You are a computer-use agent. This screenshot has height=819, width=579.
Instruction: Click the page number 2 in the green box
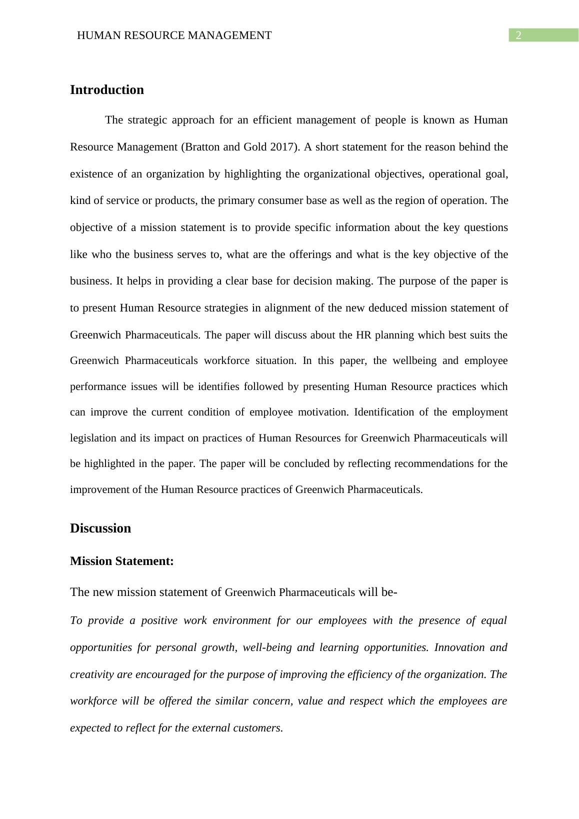pyautogui.click(x=518, y=35)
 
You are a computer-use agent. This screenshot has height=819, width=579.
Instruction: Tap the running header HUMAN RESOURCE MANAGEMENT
pyautogui.click(x=174, y=35)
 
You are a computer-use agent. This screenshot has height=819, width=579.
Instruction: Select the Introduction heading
pyautogui.click(x=106, y=90)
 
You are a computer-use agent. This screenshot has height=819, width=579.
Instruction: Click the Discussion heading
pyautogui.click(x=100, y=528)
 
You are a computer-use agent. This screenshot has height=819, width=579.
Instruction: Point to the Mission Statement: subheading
pyautogui.click(x=121, y=561)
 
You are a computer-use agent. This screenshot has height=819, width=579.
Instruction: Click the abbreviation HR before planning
pyautogui.click(x=363, y=335)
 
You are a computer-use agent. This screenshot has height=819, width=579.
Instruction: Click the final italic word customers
pyautogui.click(x=260, y=728)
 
